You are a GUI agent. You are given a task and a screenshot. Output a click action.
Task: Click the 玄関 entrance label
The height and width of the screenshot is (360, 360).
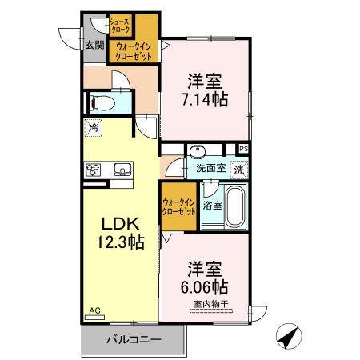[x=94, y=45]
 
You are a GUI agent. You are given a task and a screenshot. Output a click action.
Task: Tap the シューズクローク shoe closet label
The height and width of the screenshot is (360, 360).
[x=121, y=26]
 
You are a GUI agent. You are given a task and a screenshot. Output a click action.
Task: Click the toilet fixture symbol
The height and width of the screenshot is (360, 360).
[x=102, y=103]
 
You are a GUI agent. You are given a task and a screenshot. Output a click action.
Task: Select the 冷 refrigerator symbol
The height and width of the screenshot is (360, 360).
[x=94, y=128]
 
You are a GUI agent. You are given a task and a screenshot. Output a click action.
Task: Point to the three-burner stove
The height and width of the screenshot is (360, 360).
[x=93, y=170]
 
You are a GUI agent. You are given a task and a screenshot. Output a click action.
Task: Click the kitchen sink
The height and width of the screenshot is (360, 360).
[x=122, y=170]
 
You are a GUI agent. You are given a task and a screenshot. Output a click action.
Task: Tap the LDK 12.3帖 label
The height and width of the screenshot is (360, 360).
[x=121, y=233]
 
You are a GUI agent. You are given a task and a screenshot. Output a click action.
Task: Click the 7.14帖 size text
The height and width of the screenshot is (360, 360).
[x=205, y=99]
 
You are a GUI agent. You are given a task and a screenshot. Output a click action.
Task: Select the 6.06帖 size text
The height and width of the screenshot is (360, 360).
[x=205, y=286]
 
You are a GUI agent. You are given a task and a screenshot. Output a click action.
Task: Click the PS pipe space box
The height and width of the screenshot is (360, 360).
[x=244, y=149]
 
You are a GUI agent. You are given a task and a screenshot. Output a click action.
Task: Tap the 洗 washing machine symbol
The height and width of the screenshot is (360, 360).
[x=239, y=170]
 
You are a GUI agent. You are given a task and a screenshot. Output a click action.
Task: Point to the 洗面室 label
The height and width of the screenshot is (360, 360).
[x=211, y=168]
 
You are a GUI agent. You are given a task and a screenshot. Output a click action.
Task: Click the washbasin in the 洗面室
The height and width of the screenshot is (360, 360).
[x=198, y=151]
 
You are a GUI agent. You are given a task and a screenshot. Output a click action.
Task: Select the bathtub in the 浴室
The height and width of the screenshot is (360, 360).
[x=234, y=206]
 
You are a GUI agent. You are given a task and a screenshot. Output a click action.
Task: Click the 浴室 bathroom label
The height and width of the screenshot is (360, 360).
[x=213, y=206]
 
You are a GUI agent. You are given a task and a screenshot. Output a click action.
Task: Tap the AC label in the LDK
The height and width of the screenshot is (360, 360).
[x=94, y=310]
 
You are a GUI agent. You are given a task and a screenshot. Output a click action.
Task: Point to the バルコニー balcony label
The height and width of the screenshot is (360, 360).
[x=134, y=339]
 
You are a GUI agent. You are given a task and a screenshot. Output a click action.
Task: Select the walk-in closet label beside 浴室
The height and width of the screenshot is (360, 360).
[x=179, y=207]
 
